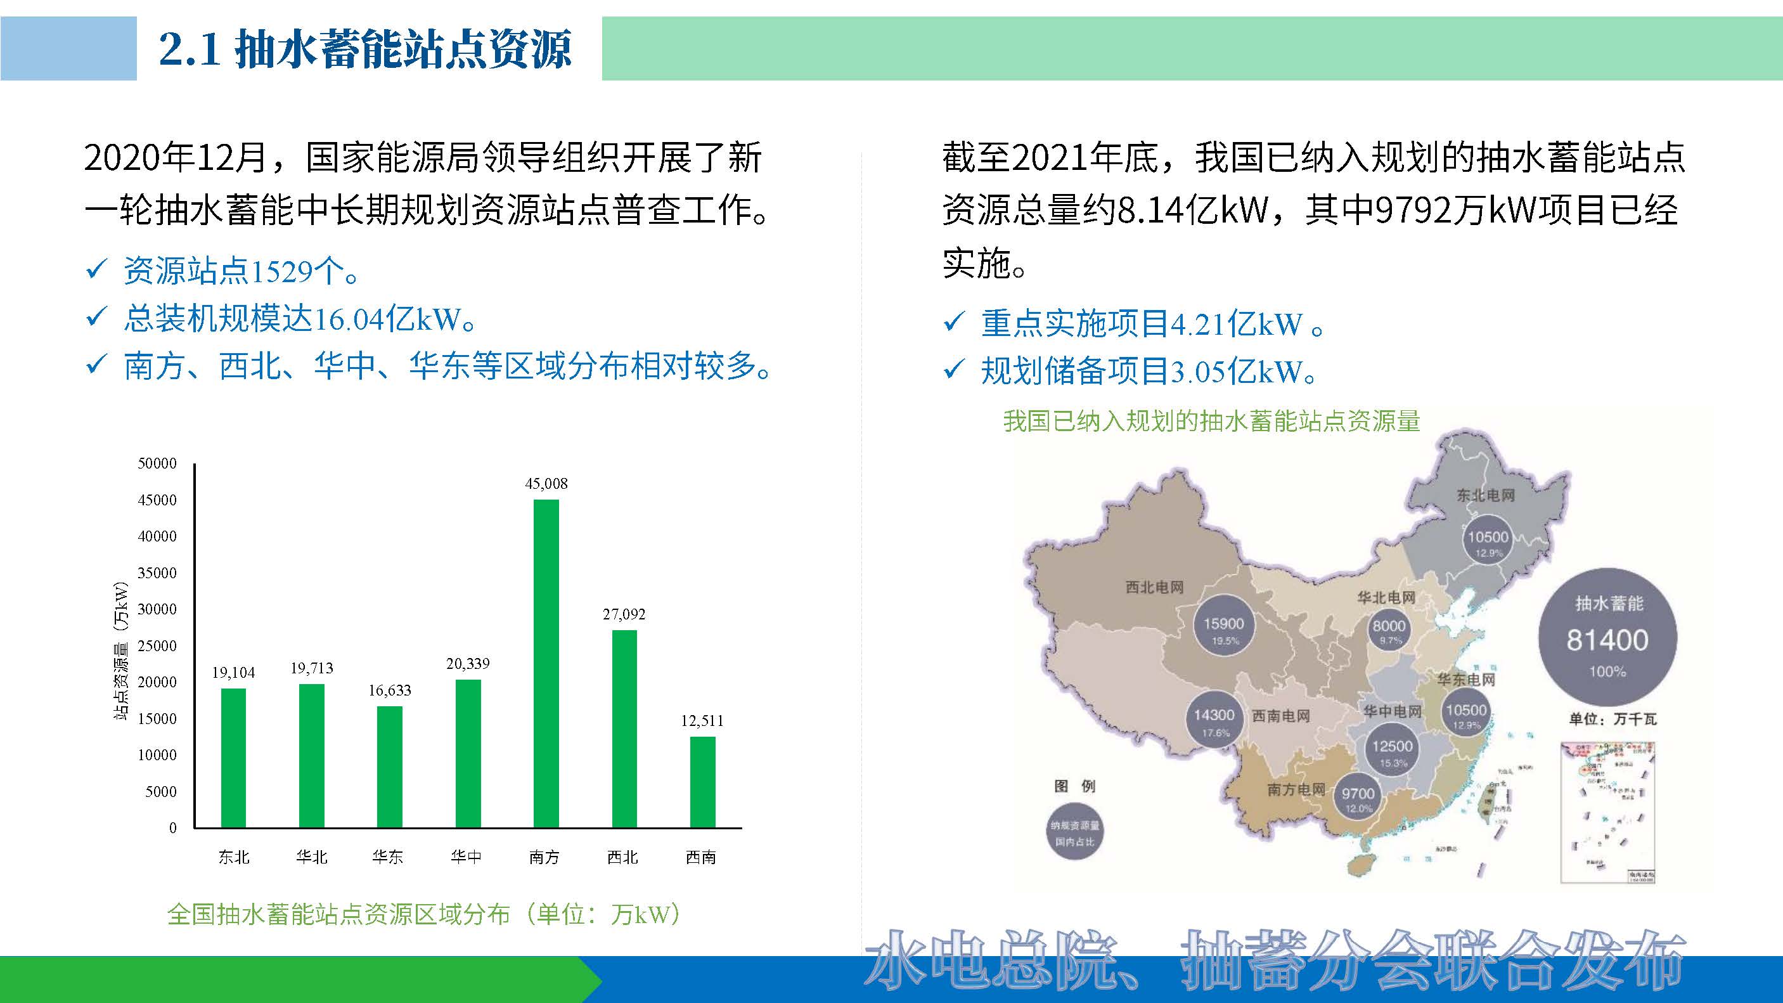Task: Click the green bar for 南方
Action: [x=546, y=663]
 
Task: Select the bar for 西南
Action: [x=702, y=782]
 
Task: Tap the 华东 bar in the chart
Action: [x=390, y=767]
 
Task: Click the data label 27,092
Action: [x=624, y=614]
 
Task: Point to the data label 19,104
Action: [x=233, y=672]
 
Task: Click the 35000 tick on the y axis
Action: [x=157, y=573]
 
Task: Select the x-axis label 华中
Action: [x=467, y=857]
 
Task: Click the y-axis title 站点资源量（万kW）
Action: [x=121, y=650]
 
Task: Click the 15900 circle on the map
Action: [x=1224, y=628]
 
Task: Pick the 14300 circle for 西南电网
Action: [x=1214, y=719]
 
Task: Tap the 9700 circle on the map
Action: [x=1358, y=798]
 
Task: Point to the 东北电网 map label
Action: [x=1485, y=495]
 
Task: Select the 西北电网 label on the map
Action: [x=1154, y=587]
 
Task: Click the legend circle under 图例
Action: [x=1075, y=831]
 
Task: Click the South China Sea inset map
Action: [x=1607, y=812]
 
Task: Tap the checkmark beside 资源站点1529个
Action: [x=96, y=269]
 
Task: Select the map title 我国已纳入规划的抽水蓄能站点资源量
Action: [x=1211, y=420]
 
